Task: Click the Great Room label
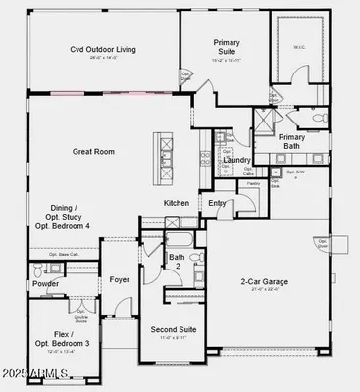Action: tap(94, 152)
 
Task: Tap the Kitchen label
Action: tap(177, 203)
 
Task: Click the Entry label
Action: tap(217, 203)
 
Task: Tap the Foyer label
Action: tap(120, 279)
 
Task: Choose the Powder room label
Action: tap(45, 284)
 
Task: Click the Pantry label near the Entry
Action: tap(226, 183)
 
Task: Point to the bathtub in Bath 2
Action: tap(183, 241)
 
